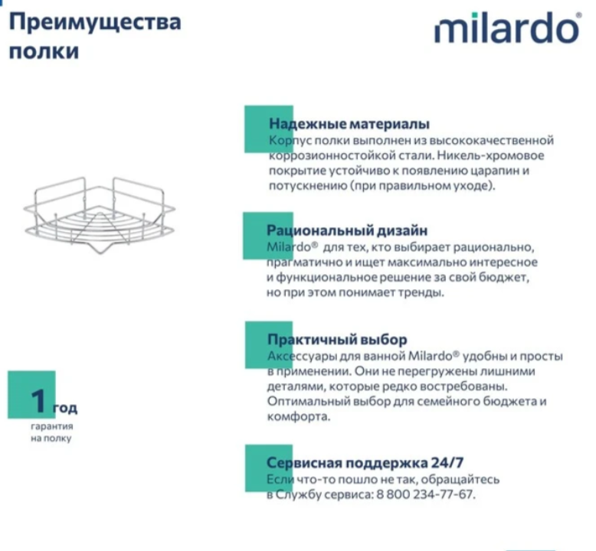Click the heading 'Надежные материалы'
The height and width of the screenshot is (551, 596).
pos(349,124)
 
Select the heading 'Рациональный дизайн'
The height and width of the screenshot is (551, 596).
pos(346,230)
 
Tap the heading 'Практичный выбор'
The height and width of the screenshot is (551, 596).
pos(337,339)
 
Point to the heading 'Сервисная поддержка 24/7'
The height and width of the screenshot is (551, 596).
pos(365,462)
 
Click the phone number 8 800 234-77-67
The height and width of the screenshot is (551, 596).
pos(424,494)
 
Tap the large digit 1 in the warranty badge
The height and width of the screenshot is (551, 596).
pos(40,400)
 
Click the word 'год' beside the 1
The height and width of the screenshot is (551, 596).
pos(65,408)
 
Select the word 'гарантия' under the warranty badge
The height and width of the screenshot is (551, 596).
pos(53,425)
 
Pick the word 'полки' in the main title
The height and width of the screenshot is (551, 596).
pos(43,52)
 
